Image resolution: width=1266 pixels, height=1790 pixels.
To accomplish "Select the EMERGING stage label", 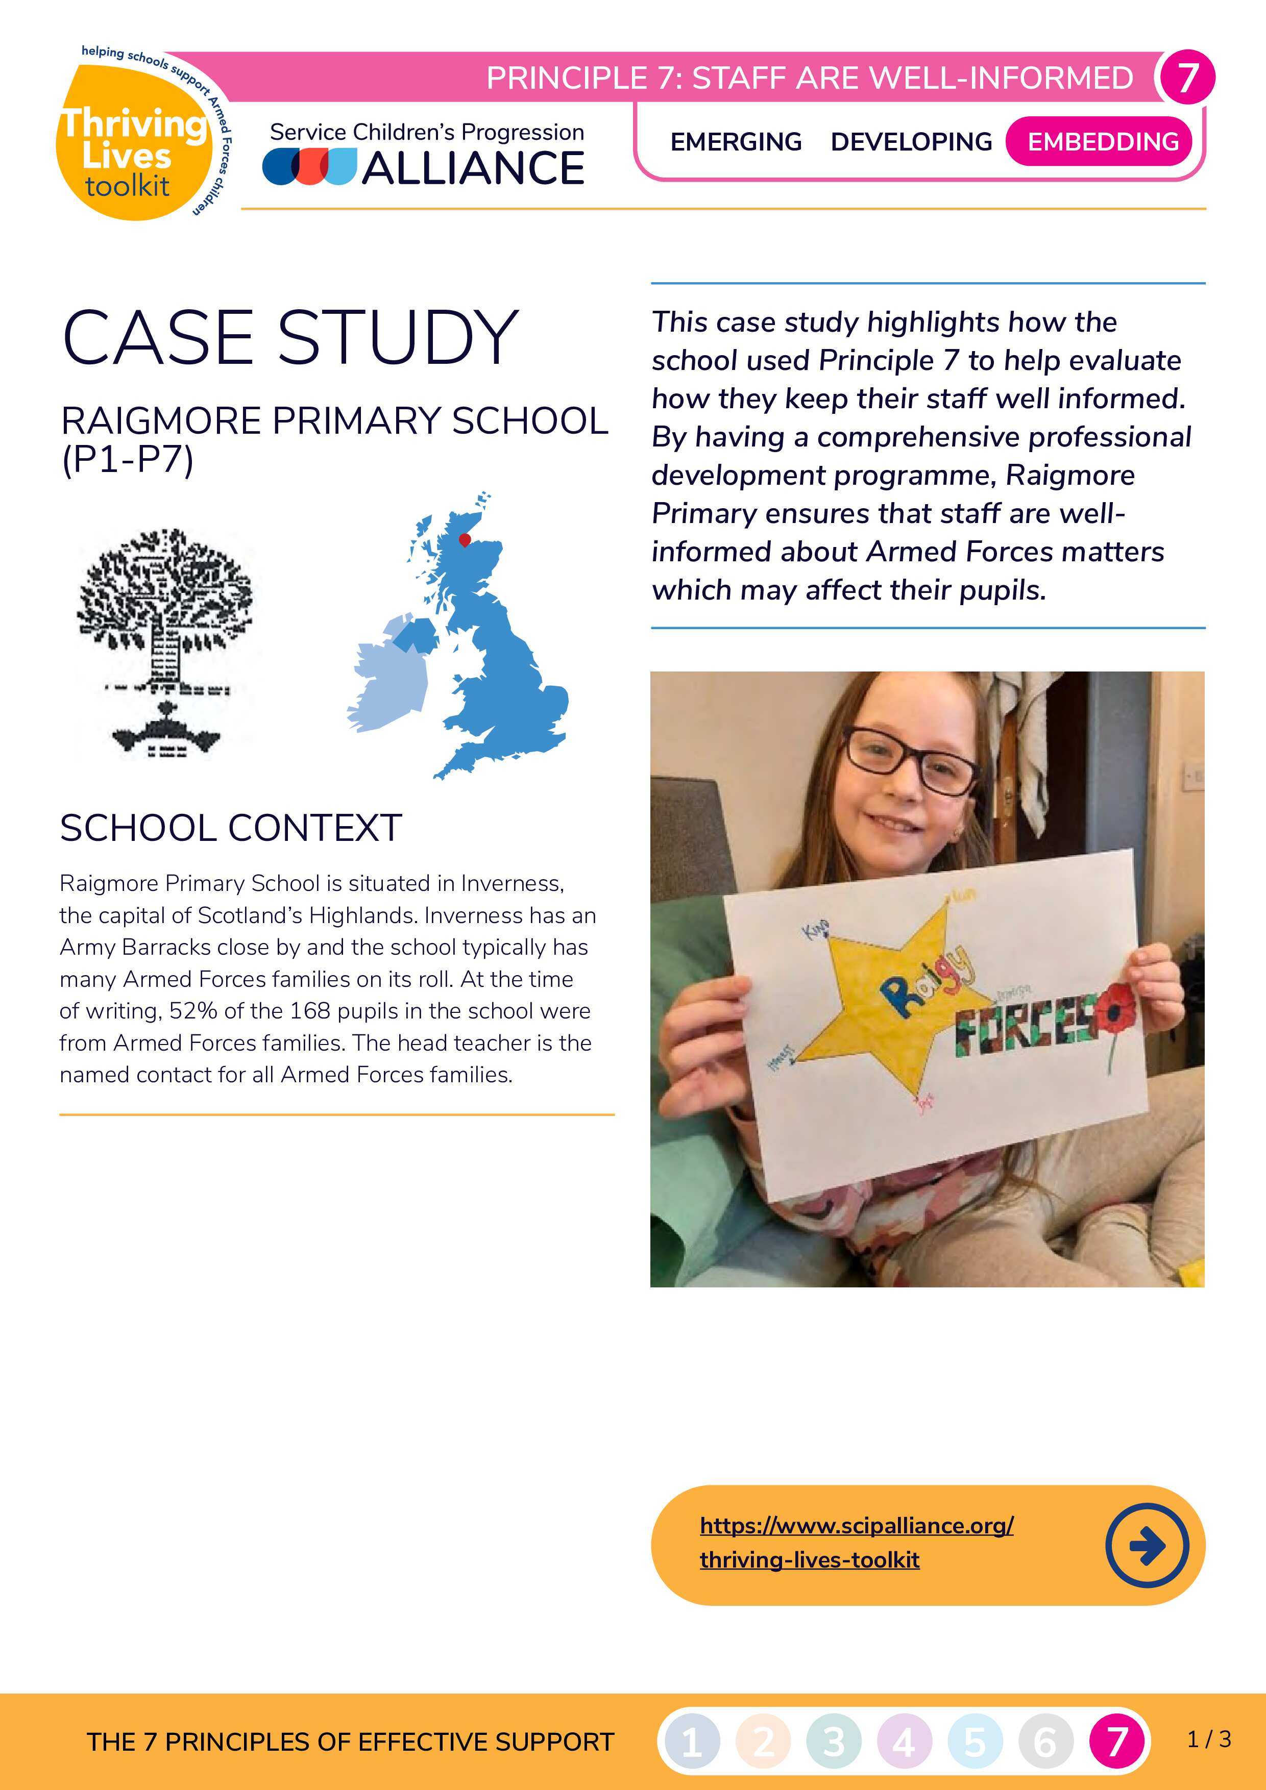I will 736,142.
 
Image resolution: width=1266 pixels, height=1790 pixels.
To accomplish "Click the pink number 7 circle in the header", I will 1186,77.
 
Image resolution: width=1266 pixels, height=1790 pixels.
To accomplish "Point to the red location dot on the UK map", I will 465,539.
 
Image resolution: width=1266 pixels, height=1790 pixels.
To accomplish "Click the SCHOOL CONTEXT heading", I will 231,828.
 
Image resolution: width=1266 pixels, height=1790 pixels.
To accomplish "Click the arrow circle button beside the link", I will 1147,1545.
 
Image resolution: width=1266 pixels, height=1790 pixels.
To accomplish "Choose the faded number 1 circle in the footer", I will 691,1741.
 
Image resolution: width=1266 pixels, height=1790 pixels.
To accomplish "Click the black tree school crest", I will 164,641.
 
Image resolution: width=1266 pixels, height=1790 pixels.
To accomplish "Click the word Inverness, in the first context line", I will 512,883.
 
